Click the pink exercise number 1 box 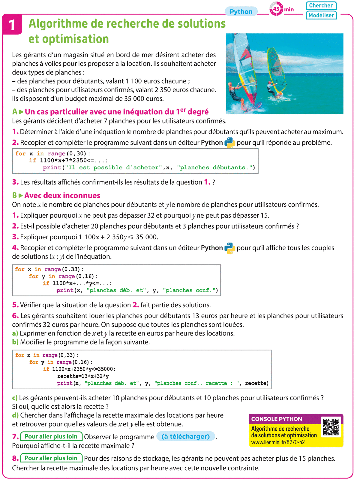(12, 25)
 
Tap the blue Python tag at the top (241, 12)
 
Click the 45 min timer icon (276, 9)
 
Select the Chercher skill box (321, 5)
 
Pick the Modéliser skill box (321, 15)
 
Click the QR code (331, 426)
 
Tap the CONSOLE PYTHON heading (277, 419)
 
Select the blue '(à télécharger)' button (185, 436)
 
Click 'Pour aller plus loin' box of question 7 (51, 436)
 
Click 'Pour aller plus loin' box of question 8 (51, 458)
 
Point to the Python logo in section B (230, 248)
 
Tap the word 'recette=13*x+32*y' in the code (83, 376)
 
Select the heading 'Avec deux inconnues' (62, 196)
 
